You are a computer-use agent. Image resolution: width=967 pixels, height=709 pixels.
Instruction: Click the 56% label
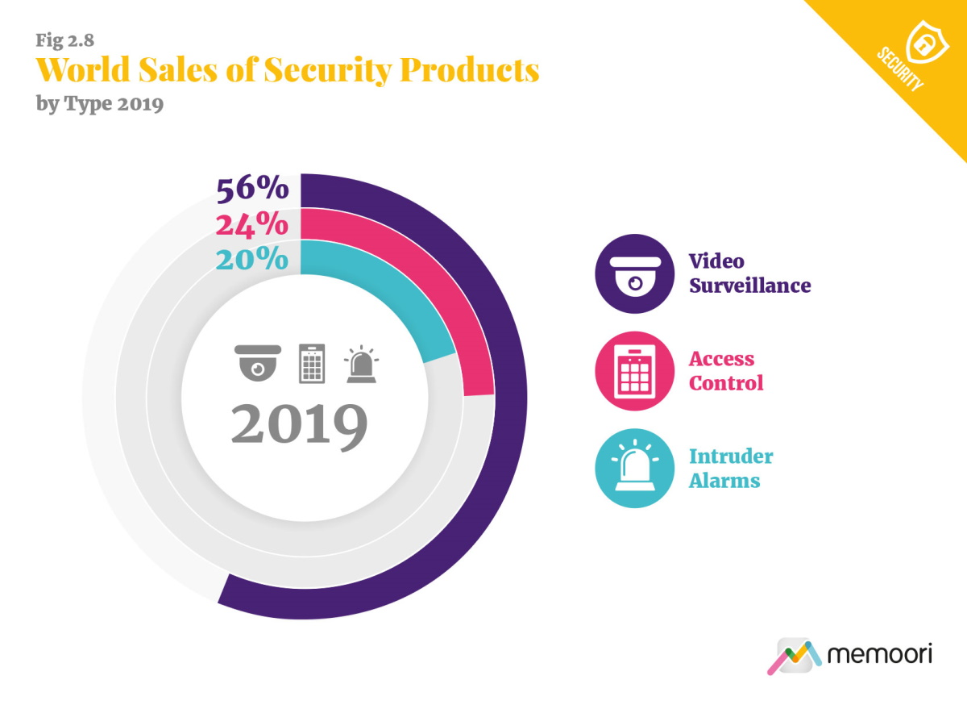pos(252,189)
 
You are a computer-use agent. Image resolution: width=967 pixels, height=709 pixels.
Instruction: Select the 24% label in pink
pos(252,224)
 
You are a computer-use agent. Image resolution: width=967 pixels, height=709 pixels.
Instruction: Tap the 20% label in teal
pos(252,259)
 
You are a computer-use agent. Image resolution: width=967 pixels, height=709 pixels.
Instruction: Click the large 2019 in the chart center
pos(300,424)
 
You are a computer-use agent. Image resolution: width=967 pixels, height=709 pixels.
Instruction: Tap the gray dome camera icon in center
pos(258,362)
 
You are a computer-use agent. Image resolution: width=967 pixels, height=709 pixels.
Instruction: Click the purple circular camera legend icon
pos(634,273)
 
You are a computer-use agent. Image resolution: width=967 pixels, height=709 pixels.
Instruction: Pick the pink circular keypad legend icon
pos(634,371)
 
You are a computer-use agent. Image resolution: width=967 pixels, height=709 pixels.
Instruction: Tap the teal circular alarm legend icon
pos(634,469)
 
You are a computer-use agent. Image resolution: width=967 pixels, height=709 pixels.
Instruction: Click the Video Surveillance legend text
pos(749,273)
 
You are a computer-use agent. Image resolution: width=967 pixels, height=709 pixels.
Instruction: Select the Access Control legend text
pos(726,371)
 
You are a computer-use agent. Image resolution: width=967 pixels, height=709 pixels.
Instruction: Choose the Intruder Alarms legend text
pos(731,469)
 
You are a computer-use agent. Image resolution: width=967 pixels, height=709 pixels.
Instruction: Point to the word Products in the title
pos(470,71)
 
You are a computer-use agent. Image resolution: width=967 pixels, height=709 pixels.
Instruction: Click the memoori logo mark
pos(793,656)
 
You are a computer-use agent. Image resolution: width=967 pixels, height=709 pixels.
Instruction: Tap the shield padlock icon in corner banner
pos(923,40)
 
